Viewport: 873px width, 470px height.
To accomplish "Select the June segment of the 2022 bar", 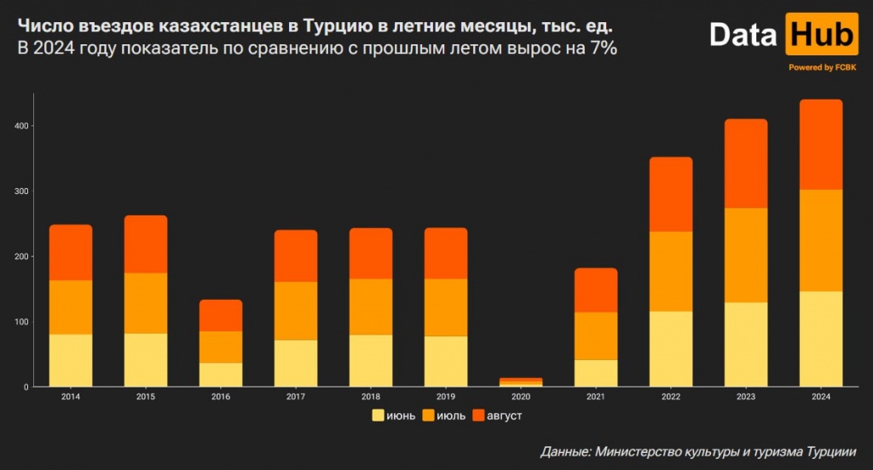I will click(x=671, y=349).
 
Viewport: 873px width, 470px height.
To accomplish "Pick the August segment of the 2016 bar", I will click(x=221, y=315).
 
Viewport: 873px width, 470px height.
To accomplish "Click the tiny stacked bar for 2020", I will click(x=521, y=382).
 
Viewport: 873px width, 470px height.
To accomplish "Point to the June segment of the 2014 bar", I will click(x=71, y=360).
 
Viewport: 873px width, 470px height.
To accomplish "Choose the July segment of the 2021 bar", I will click(x=596, y=336).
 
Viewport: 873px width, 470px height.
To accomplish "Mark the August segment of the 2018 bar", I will click(x=371, y=253).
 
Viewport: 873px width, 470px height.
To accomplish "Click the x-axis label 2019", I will click(x=446, y=397).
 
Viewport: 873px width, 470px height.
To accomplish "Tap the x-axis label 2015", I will click(x=146, y=397).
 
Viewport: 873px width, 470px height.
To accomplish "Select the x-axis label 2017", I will click(x=296, y=397).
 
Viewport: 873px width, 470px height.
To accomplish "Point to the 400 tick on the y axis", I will click(x=21, y=126).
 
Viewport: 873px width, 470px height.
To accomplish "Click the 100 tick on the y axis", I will click(x=21, y=322).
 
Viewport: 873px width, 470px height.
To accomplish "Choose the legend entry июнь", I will click(x=394, y=416).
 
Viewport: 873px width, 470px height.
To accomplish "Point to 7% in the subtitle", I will click(x=600, y=49).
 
